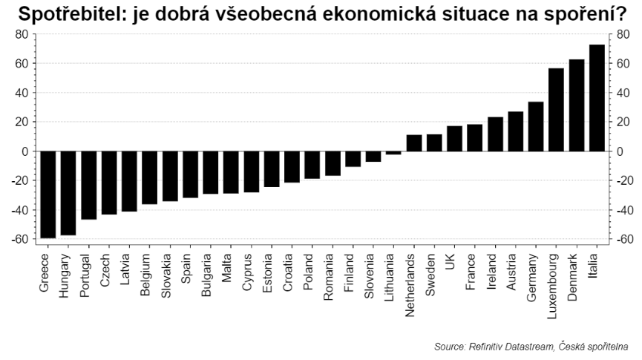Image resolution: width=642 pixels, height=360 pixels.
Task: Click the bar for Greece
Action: point(48,194)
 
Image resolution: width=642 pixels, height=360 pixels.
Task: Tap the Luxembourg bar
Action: point(556,110)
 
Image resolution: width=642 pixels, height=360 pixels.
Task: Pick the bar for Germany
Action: point(535,126)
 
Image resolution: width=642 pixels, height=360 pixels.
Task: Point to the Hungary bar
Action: point(68,193)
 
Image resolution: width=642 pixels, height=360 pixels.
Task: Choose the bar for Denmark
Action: point(576,105)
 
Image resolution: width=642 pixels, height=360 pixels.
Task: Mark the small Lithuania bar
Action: point(393,153)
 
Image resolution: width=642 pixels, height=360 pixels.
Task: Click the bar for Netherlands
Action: point(413,143)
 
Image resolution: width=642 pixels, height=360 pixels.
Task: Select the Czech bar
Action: point(109,183)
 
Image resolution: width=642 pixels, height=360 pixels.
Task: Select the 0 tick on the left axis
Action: point(24,151)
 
